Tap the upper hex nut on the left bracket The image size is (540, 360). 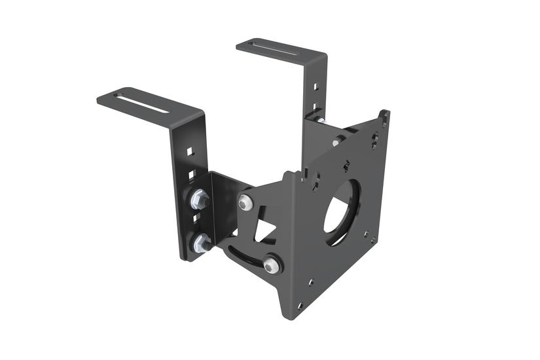point(198,198)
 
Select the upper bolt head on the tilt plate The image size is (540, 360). point(245,204)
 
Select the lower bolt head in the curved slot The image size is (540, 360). point(272,264)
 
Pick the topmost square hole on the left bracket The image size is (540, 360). point(189,151)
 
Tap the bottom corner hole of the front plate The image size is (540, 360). point(300,305)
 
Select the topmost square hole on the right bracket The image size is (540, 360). point(316,86)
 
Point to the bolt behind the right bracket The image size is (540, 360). point(319,120)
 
